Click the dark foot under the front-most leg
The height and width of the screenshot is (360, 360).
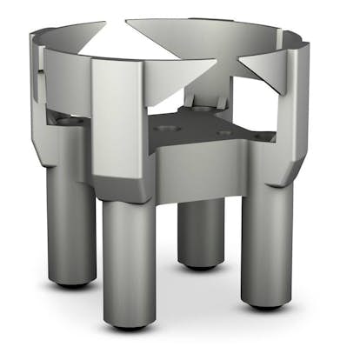[x=130, y=324]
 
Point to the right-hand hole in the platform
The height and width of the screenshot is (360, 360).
[x=225, y=133]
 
